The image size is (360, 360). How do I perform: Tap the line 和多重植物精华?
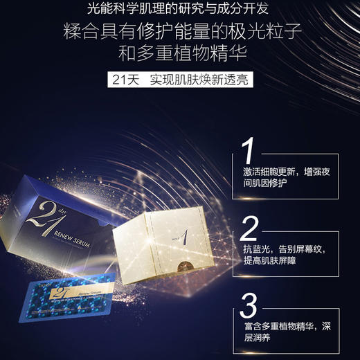tap(179, 56)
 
